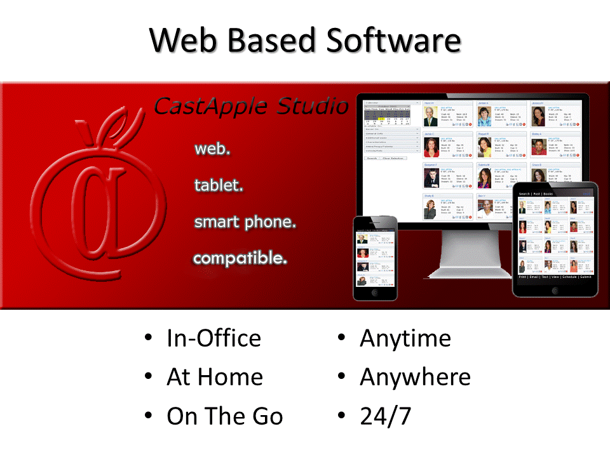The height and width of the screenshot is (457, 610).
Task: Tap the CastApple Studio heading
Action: point(251,107)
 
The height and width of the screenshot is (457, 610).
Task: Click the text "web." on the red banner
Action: point(212,149)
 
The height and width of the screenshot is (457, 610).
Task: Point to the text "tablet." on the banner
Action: point(219,185)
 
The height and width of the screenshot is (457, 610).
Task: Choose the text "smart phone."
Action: point(245,222)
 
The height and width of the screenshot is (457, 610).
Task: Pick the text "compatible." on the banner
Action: point(240,258)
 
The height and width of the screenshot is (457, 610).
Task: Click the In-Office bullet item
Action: point(213,338)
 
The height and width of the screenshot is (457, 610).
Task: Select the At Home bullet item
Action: point(214,377)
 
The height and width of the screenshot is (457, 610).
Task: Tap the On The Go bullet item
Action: point(224,416)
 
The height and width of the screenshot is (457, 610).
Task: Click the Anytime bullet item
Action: point(405,338)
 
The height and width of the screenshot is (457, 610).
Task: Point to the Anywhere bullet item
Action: point(415,377)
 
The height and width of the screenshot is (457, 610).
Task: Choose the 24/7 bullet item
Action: point(385,416)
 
